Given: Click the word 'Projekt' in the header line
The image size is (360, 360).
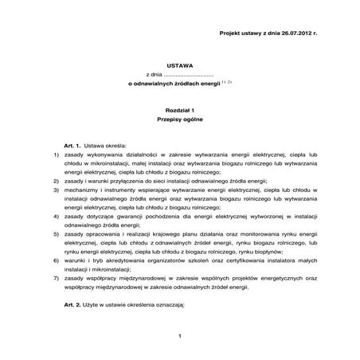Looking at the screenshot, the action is [x=232, y=33].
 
